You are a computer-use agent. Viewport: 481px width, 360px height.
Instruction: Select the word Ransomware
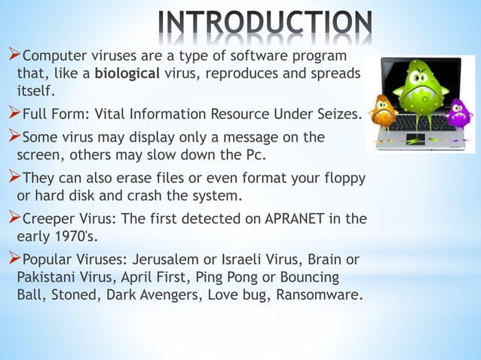pyautogui.click(x=314, y=294)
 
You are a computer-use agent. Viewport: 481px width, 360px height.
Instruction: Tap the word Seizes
pyautogui.click(x=339, y=116)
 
